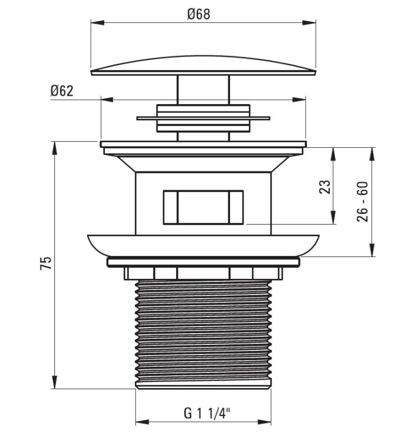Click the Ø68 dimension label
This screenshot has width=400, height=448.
coord(199,15)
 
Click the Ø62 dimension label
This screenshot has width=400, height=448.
coord(62,91)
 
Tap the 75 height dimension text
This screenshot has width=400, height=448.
coord(46,263)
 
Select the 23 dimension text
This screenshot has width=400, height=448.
coord(325,187)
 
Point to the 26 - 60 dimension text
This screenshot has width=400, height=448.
coord(362,202)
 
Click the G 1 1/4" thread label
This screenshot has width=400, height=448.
coord(207,413)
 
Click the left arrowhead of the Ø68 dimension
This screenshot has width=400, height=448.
coord(98,22)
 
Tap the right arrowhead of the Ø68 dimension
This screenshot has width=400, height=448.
coord(309,22)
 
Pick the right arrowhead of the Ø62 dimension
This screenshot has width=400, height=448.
coord(298,100)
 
